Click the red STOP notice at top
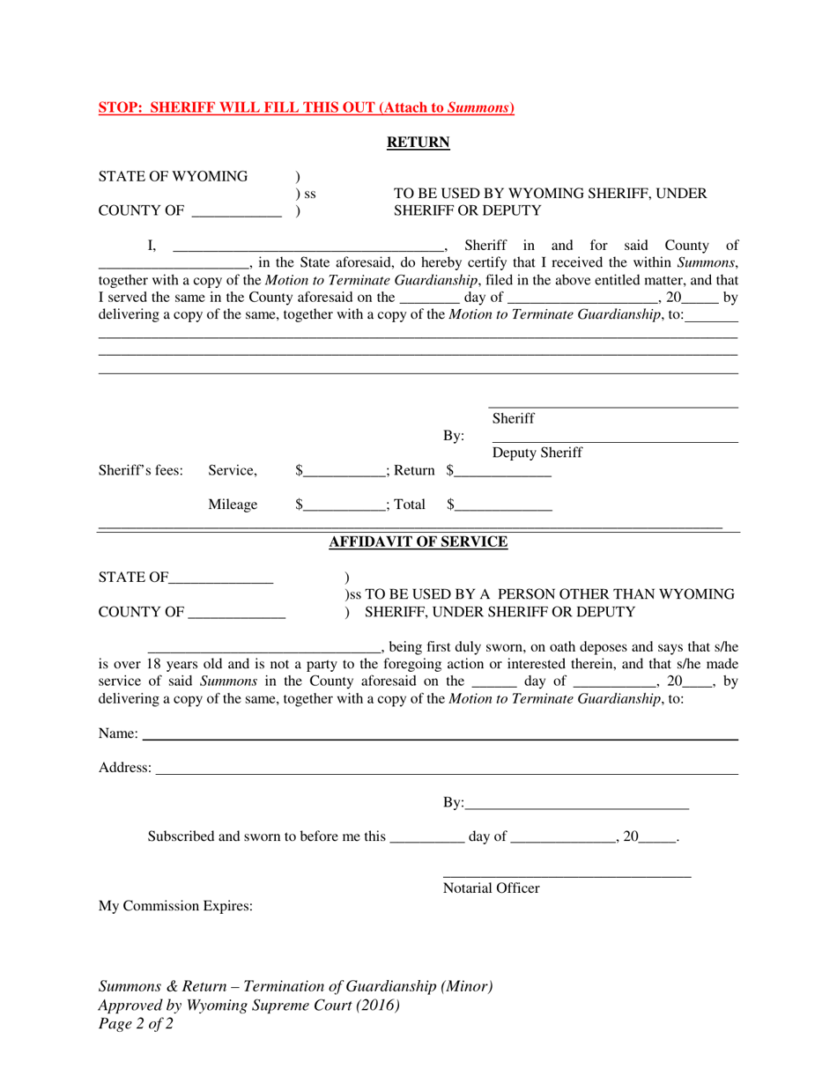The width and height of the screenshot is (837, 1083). click(x=306, y=108)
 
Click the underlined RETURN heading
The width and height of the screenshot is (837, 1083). click(x=418, y=143)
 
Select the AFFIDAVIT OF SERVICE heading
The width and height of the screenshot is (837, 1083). click(x=418, y=542)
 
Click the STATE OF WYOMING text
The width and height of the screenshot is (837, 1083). click(x=173, y=176)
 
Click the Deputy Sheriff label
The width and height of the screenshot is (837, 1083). click(x=537, y=453)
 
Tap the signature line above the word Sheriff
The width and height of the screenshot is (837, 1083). click(x=613, y=406)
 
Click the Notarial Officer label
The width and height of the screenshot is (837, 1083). click(x=491, y=888)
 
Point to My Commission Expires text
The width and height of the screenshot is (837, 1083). click(x=175, y=905)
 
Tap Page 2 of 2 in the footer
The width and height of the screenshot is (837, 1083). click(x=136, y=1024)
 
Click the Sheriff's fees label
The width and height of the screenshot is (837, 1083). click(x=141, y=471)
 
